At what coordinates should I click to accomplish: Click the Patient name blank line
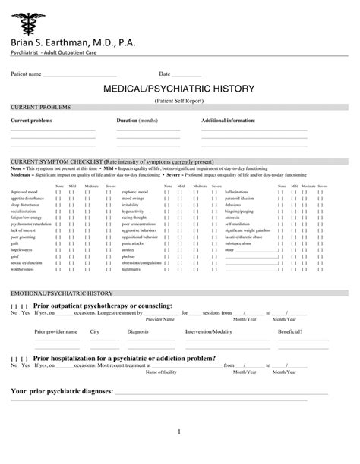(80, 75)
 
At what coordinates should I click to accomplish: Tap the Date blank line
(201, 75)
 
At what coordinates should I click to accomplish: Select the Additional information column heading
(229, 121)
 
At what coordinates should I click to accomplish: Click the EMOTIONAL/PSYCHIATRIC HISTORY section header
(61, 292)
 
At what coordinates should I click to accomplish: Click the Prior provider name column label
(56, 332)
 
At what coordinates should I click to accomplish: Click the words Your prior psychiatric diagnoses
(62, 392)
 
